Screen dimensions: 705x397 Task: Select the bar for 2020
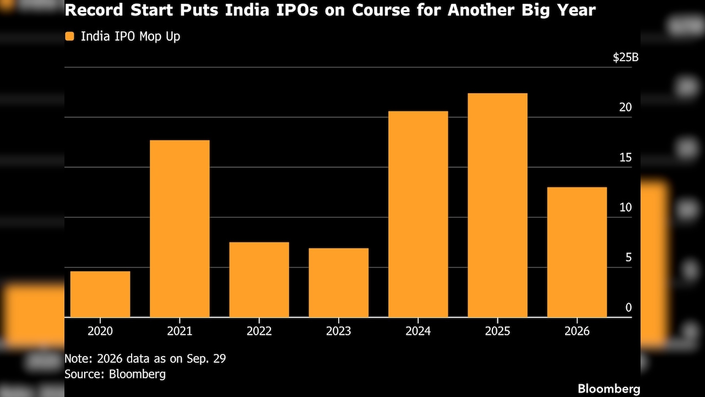pos(100,294)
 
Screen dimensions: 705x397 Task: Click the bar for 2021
pos(180,228)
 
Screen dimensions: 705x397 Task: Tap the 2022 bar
pos(259,280)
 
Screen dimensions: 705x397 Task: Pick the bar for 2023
pos(339,283)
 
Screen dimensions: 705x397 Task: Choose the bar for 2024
pos(418,214)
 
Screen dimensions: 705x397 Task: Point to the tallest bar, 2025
pos(497,205)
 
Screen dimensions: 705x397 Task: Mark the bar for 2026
pos(577,252)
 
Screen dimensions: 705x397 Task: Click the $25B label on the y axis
pos(626,57)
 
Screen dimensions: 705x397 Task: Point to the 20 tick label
pos(625,108)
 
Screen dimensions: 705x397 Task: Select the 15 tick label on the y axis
pos(625,158)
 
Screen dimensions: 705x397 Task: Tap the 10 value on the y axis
pos(625,208)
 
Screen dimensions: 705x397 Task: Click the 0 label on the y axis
pos(628,308)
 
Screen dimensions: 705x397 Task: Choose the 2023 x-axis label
pos(339,331)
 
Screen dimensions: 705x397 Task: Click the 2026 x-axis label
pos(577,331)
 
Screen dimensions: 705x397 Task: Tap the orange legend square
pos(69,36)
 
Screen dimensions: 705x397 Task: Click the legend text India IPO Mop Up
pos(131,36)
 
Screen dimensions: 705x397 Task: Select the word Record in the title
pos(94,10)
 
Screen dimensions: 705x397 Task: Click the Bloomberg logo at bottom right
pos(609,389)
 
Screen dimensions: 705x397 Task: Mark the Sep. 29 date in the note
pos(206,359)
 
